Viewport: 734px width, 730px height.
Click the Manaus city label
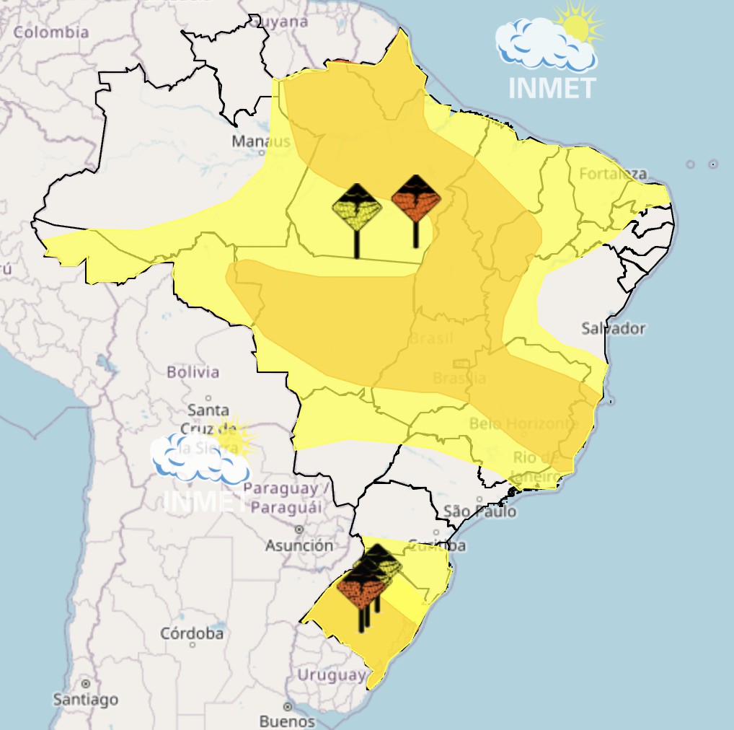pos(260,141)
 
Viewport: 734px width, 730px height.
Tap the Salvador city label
pos(613,328)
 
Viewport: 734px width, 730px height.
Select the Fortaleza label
pos(613,174)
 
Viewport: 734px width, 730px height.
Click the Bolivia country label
pos(193,372)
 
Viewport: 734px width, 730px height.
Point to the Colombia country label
pos(51,32)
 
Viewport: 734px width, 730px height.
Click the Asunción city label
pos(299,545)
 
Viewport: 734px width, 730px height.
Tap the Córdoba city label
pos(191,633)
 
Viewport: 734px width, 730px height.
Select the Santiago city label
pos(85,698)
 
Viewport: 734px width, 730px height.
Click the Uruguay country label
pos(332,675)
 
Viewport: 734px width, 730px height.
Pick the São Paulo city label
pos(479,511)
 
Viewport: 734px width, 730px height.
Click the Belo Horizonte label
pos(524,423)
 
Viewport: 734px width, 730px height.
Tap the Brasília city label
pos(459,377)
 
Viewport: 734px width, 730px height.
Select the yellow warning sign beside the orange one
pos(357,208)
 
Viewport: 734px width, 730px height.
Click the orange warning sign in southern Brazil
pos(360,586)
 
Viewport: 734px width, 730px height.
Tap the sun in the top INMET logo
pos(577,26)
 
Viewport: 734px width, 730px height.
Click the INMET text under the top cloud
pos(552,88)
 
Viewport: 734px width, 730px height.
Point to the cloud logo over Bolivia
pos(198,459)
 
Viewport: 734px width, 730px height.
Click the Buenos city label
pos(287,721)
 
